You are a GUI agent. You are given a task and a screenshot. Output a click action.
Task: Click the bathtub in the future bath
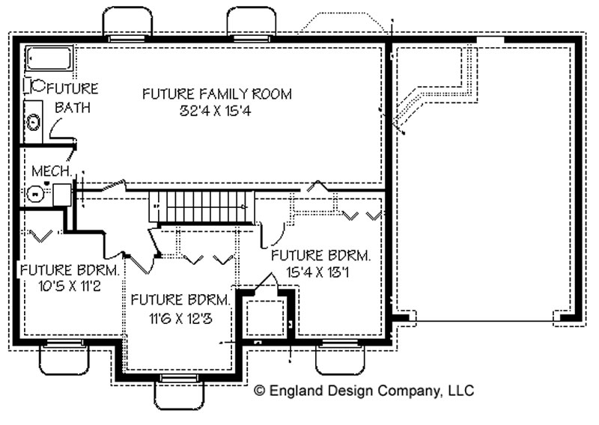(x=49, y=58)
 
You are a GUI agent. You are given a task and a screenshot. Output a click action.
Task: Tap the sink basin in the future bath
(x=33, y=122)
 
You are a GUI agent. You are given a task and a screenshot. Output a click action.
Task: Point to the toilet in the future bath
(x=34, y=86)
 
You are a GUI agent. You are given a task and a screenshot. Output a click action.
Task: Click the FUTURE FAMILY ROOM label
(x=217, y=94)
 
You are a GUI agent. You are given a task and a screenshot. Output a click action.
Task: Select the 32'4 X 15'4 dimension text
(x=215, y=111)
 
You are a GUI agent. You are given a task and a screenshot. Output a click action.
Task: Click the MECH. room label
(x=52, y=171)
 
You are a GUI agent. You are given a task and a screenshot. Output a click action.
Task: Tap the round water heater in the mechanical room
(x=36, y=194)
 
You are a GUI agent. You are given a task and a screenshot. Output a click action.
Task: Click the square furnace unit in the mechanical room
(x=62, y=195)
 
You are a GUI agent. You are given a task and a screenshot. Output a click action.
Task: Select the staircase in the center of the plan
(x=201, y=207)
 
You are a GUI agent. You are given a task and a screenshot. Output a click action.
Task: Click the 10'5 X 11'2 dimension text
(x=70, y=286)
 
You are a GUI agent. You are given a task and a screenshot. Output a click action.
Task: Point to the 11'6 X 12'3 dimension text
(x=180, y=318)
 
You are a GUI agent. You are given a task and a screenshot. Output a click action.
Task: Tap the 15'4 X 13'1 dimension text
(x=317, y=272)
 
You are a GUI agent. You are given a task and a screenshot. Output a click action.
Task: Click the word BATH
(x=73, y=107)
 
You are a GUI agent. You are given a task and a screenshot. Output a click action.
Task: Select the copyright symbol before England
(x=260, y=391)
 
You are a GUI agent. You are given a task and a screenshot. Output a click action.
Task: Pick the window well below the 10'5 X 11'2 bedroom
(x=64, y=358)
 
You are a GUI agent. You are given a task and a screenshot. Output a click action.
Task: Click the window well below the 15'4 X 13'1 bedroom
(x=340, y=358)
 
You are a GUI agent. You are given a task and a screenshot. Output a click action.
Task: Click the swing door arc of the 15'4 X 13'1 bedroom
(x=273, y=234)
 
